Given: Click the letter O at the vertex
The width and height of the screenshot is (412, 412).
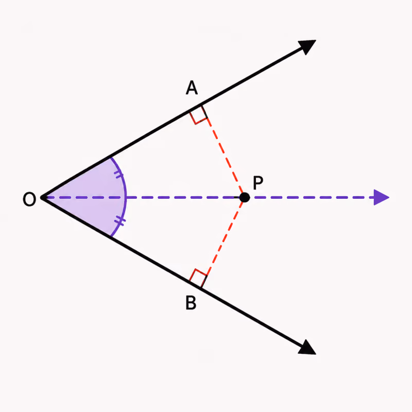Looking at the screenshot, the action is click(x=29, y=199).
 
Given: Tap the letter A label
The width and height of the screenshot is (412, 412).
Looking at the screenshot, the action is click(x=192, y=88).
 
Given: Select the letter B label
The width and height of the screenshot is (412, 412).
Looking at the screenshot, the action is click(x=191, y=303).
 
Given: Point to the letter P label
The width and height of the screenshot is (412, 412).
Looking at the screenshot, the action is click(x=258, y=182).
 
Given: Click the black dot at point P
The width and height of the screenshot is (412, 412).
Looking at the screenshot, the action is click(x=244, y=197).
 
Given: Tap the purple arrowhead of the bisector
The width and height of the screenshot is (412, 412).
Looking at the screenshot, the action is click(x=381, y=197).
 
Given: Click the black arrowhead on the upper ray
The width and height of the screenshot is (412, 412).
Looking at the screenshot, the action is click(x=307, y=47).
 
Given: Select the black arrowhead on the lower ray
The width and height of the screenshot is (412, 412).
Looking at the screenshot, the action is click(x=307, y=347).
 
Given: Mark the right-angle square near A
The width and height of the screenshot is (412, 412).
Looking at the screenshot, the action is click(x=198, y=115).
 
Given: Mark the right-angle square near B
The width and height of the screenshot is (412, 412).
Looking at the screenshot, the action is click(x=198, y=279).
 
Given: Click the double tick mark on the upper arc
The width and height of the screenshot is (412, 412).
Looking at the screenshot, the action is click(x=119, y=175).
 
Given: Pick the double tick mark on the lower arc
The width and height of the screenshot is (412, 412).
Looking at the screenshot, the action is click(x=120, y=221).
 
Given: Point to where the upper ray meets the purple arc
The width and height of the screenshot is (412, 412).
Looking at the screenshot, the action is click(x=111, y=158).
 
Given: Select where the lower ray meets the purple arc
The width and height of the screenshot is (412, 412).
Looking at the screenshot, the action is click(x=111, y=237).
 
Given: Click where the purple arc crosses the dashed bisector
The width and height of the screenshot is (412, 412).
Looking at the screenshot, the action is click(x=126, y=197).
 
